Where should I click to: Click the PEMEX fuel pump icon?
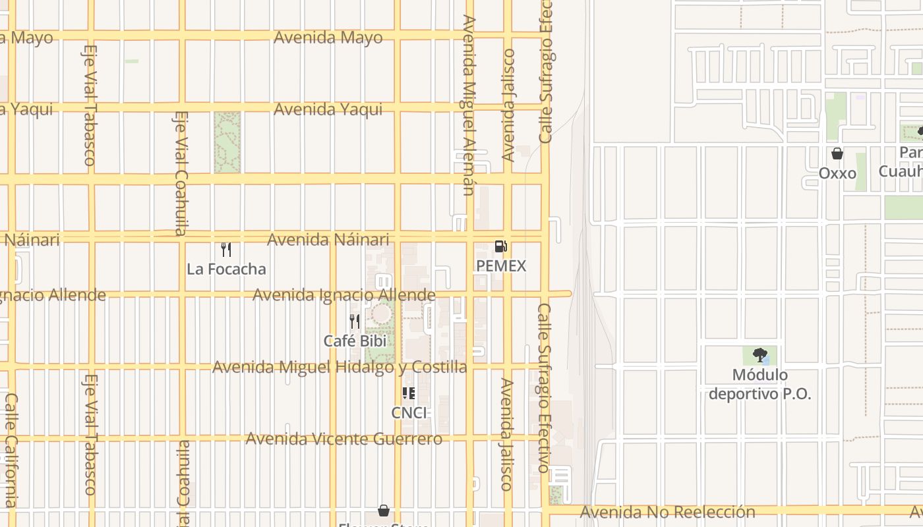click(x=501, y=247)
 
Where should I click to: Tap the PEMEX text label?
click(x=502, y=266)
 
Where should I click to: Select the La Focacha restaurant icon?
click(x=226, y=250)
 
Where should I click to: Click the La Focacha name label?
click(x=226, y=269)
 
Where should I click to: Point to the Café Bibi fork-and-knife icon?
click(x=355, y=321)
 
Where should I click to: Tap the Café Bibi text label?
click(x=355, y=341)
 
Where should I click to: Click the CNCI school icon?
click(x=409, y=393)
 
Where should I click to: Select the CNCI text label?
click(x=409, y=413)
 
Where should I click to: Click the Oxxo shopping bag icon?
click(x=837, y=153)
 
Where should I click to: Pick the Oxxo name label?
click(x=837, y=173)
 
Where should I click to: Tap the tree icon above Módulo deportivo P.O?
click(x=759, y=356)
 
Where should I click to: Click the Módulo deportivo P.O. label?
click(x=759, y=385)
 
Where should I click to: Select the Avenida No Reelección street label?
click(x=667, y=512)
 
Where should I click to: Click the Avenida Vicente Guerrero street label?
click(x=343, y=439)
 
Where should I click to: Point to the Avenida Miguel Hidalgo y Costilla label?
click(x=340, y=367)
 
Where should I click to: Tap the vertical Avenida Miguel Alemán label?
click(x=468, y=105)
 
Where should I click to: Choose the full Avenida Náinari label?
click(x=328, y=240)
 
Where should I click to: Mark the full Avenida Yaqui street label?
click(x=328, y=109)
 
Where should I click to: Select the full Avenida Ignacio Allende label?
click(x=343, y=294)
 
